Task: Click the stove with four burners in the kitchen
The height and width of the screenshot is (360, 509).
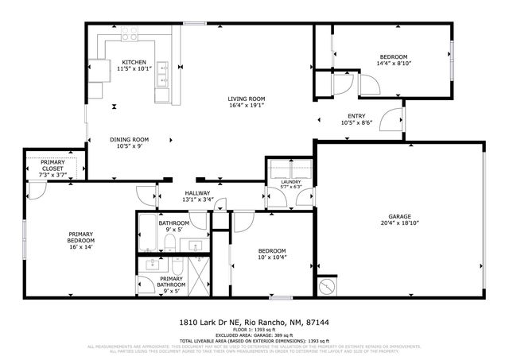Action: pyautogui.click(x=129, y=34)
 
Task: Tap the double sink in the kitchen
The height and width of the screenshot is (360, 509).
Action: pyautogui.click(x=163, y=74)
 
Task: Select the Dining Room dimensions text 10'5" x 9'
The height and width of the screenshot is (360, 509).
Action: pyautogui.click(x=128, y=146)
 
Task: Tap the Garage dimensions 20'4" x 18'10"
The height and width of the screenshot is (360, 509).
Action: pyautogui.click(x=403, y=223)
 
